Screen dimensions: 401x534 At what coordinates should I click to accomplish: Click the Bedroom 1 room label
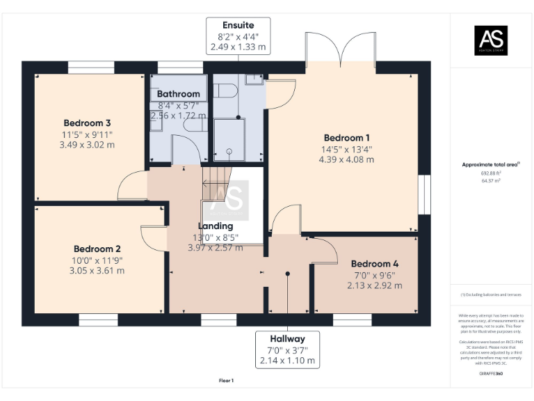click(346, 138)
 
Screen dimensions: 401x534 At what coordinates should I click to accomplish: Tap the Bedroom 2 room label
click(97, 249)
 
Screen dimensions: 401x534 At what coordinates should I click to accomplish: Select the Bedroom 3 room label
click(88, 123)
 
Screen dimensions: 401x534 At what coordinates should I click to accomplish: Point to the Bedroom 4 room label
click(374, 264)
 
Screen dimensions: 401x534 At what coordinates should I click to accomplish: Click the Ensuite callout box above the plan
click(238, 36)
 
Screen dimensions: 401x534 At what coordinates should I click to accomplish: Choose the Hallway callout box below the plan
click(288, 349)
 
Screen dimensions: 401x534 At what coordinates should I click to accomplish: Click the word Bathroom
click(178, 94)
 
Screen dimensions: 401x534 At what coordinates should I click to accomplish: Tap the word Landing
click(216, 226)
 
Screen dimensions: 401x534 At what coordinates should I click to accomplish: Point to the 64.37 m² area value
click(490, 180)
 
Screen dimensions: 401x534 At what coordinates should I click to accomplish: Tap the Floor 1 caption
click(226, 381)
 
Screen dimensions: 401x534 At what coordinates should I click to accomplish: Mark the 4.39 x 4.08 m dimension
click(346, 159)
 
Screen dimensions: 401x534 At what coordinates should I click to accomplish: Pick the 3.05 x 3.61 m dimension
click(97, 270)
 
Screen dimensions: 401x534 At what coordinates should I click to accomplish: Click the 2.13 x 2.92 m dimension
click(375, 285)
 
